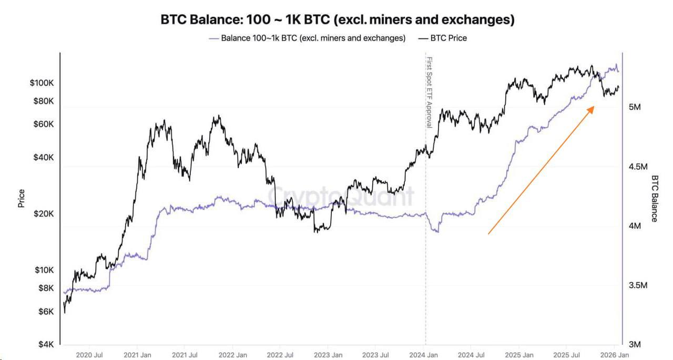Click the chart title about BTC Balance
336,20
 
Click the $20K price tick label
44,214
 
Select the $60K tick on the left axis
44,125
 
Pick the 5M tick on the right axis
634,107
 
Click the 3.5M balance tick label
638,285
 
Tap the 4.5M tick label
638,167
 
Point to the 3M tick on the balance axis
634,345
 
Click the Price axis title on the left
22,198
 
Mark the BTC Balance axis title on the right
655,199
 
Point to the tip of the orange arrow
594,106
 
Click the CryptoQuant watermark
342,197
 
